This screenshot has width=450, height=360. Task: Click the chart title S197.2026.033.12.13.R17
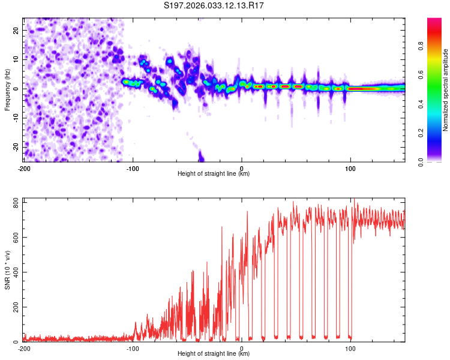click(215, 5)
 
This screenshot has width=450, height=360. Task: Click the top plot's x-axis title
click(214, 174)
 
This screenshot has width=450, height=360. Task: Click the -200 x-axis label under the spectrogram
click(24, 168)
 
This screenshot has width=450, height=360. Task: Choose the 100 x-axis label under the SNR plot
click(350, 348)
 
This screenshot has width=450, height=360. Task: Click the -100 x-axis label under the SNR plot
click(133, 348)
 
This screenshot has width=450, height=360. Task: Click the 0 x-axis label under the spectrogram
click(242, 168)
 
